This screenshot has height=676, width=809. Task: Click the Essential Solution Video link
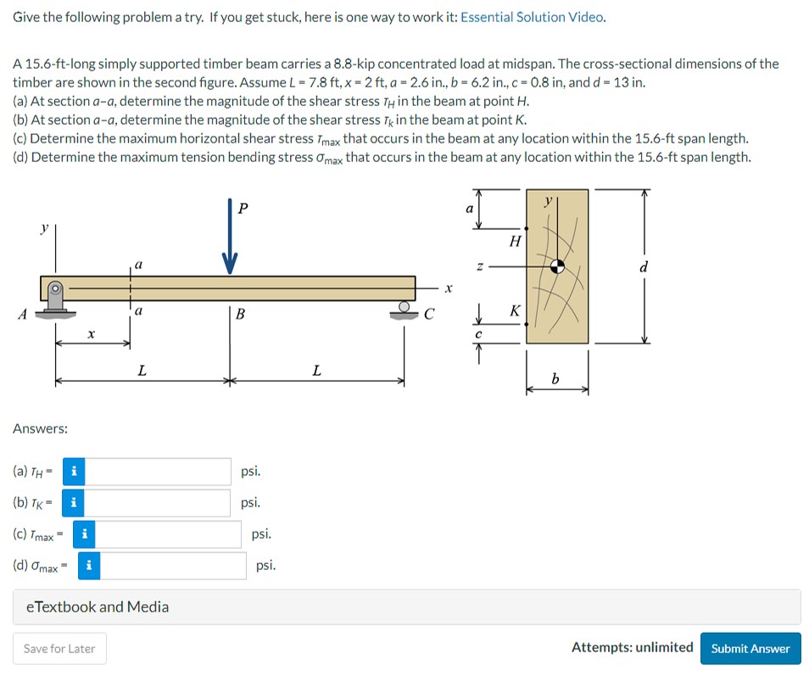point(533,17)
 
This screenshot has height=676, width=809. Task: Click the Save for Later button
point(59,649)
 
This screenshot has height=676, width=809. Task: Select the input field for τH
point(158,472)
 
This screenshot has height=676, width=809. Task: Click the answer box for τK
point(158,503)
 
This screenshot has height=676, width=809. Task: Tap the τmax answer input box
point(169,534)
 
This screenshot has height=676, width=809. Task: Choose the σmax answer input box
point(173,566)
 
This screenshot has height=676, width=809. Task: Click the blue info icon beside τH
point(75,472)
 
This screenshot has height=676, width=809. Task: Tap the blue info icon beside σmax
point(89,566)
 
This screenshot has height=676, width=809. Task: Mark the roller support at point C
point(408,310)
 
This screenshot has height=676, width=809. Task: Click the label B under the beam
point(240,316)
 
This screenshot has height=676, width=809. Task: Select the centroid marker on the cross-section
point(557,265)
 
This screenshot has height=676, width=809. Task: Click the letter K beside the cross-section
point(514,311)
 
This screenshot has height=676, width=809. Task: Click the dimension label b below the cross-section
point(556,378)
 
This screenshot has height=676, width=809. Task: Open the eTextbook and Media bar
point(406,607)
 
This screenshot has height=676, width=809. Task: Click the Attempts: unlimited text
point(632,648)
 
